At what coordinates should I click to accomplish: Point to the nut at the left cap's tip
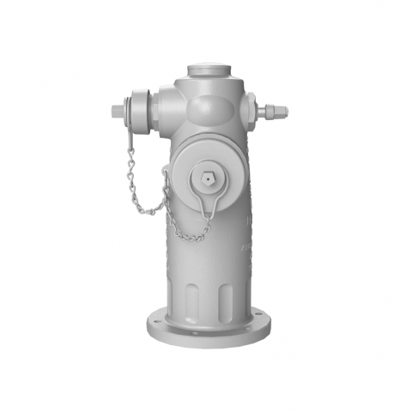coord(118,111)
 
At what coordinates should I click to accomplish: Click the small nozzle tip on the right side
coord(276,110)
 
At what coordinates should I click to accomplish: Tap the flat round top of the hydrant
coord(208,66)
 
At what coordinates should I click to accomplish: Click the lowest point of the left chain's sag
coord(147,212)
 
